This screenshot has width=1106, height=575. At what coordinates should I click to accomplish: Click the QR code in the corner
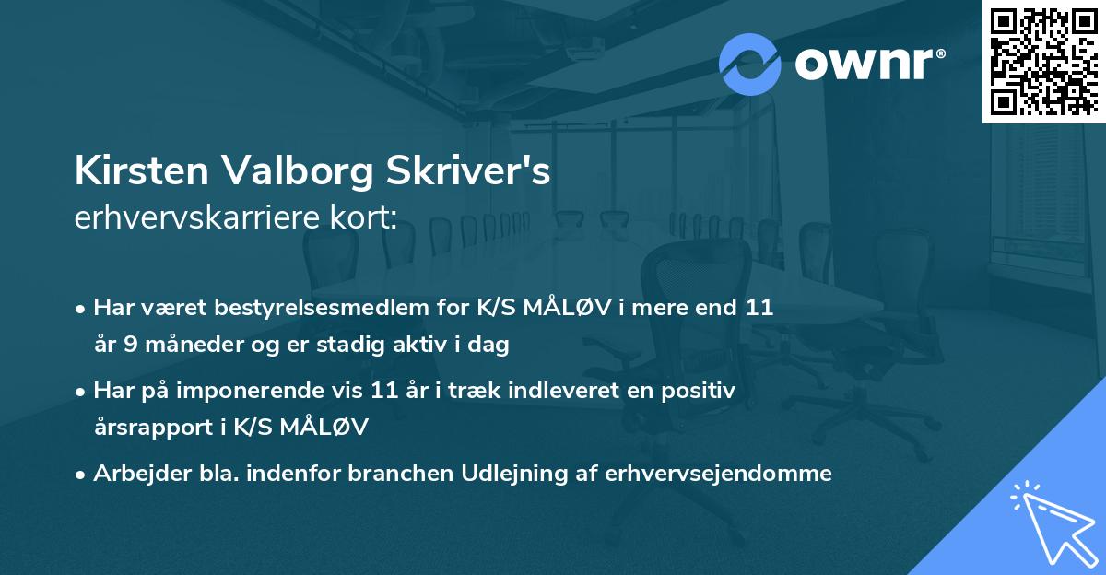click(1043, 61)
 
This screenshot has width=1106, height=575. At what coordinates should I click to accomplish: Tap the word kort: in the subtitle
click(365, 218)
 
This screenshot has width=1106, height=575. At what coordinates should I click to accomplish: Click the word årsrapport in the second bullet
click(150, 428)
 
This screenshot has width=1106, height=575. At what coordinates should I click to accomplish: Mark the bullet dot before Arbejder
click(81, 474)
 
